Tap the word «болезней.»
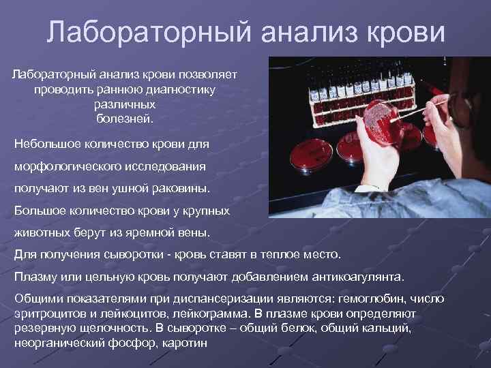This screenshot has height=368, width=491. tap(125, 119)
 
